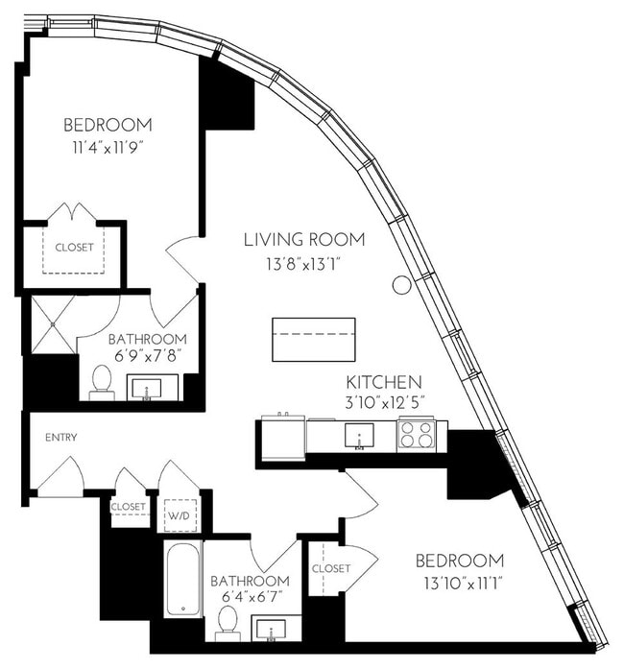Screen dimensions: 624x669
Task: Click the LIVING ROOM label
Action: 304,240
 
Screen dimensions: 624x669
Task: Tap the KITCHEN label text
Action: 384,382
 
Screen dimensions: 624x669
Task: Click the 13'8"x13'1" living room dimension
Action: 304,265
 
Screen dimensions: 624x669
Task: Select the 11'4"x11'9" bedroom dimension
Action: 107,148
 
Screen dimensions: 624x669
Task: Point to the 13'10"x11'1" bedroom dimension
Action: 462,584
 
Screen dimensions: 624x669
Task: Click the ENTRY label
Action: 61,438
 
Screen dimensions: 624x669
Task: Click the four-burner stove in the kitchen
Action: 416,435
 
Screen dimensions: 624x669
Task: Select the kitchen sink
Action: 359,436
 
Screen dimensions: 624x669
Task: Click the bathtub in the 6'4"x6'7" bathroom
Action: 183,579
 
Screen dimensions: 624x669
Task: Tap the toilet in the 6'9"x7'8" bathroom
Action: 102,383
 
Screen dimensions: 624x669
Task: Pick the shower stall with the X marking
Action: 54,324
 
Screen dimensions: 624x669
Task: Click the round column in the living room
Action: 401,284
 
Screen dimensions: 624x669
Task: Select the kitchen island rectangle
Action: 314,340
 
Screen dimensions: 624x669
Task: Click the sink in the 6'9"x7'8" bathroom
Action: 147,389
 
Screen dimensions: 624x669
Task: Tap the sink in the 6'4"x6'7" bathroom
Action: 272,630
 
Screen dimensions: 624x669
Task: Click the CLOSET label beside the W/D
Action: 128,507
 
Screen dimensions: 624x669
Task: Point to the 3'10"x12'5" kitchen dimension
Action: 384,403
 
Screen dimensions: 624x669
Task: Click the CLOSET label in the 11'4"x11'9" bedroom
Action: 74,247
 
